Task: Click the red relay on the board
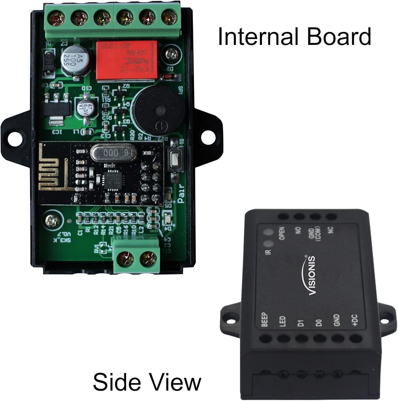pyautogui.click(x=120, y=60)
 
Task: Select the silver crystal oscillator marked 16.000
pyautogui.click(x=114, y=153)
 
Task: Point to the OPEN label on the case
pyautogui.click(x=282, y=233)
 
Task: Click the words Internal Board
pyautogui.click(x=294, y=37)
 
